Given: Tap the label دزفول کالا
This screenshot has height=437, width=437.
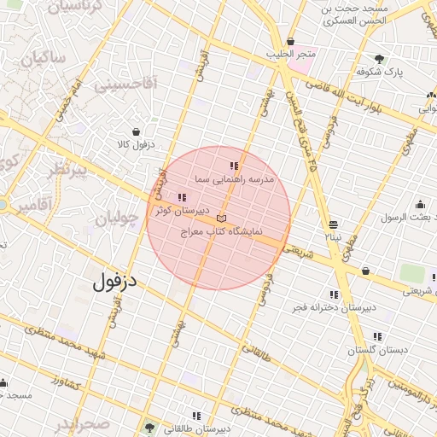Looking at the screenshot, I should tap(136, 144).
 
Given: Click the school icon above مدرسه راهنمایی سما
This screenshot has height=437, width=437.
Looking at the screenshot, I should tap(234, 166).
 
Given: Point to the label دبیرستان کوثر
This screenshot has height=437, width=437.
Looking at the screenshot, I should tap(177, 210).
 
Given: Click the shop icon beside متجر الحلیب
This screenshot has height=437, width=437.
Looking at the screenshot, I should tap(291, 42).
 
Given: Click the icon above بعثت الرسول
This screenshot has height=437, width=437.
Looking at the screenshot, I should tap(419, 205).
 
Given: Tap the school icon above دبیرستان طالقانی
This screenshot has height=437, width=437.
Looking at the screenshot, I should tap(196, 416).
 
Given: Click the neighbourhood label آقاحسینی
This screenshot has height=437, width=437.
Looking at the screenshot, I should tap(125, 84).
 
